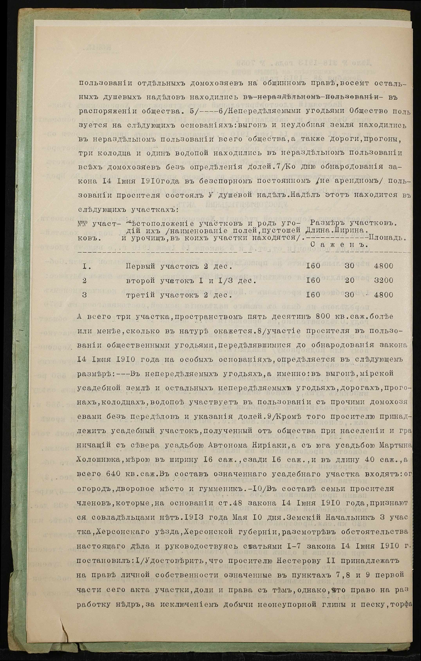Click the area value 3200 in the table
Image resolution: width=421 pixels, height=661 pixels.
click(x=383, y=280)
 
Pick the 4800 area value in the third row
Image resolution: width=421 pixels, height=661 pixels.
click(x=383, y=295)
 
